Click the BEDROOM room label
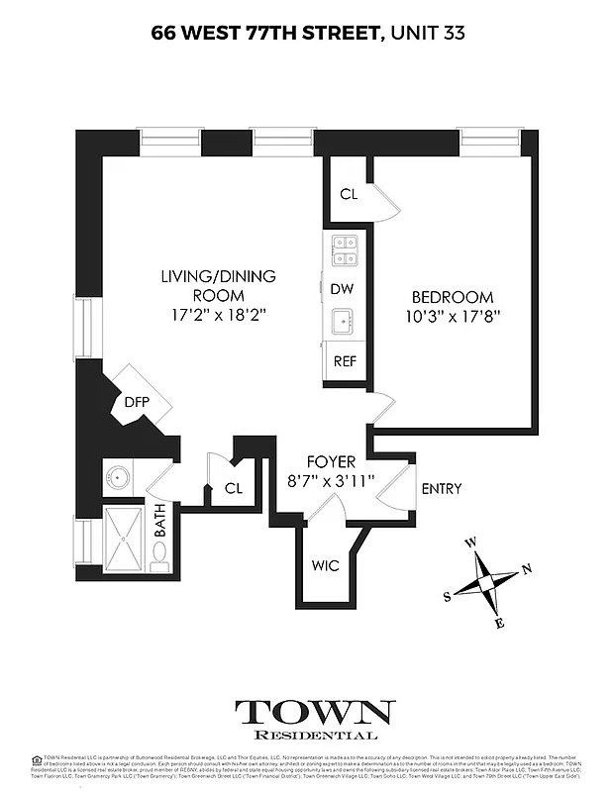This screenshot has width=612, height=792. point(452,297)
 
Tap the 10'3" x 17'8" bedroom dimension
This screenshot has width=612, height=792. point(452,316)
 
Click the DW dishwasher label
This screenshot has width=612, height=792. point(342,288)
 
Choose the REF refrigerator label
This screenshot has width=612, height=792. point(345,361)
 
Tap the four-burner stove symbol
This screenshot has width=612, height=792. point(345,250)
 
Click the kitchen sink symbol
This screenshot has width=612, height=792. point(345,321)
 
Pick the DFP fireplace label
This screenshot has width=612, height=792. point(136,402)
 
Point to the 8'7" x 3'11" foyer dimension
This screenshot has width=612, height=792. point(331,482)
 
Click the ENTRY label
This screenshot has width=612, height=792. point(442,489)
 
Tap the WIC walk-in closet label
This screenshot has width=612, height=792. point(325,566)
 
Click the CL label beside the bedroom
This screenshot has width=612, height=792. point(349,194)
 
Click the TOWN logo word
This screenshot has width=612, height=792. point(314,712)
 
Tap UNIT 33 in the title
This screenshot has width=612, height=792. point(426,33)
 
